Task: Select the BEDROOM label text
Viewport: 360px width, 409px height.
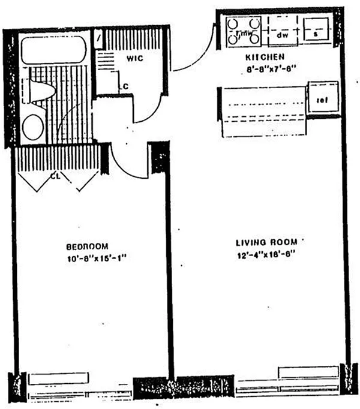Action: click(87, 246)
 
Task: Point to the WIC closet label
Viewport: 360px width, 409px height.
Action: click(133, 59)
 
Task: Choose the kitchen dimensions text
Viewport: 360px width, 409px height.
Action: click(264, 68)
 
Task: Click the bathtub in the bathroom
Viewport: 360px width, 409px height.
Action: click(55, 50)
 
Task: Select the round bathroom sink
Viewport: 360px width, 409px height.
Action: click(33, 127)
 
